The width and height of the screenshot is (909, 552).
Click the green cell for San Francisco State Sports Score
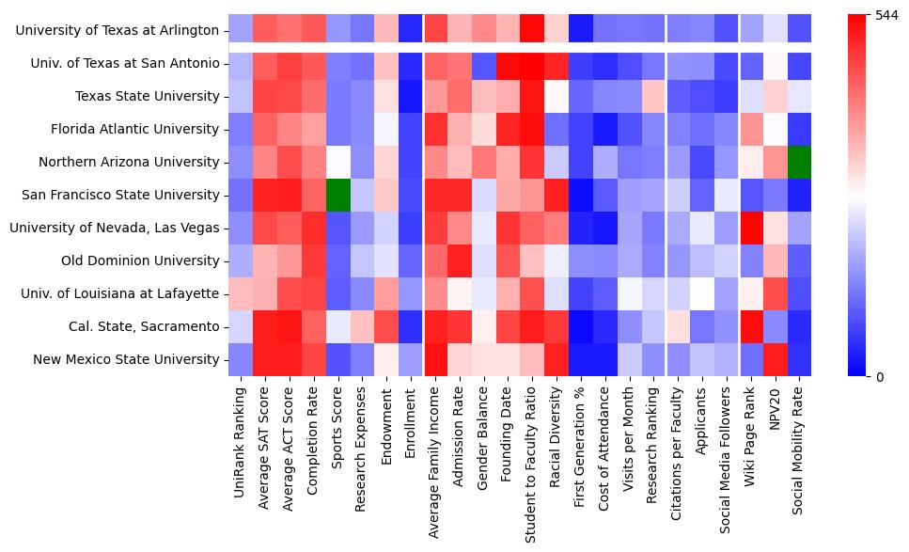(x=338, y=195)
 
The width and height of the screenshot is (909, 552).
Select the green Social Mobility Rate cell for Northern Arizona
(x=798, y=162)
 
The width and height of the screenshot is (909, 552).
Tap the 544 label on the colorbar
(x=887, y=16)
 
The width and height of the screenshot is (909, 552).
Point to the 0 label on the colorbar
(x=880, y=377)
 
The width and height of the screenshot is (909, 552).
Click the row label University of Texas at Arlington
(x=118, y=30)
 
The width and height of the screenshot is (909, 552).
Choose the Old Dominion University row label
(x=140, y=260)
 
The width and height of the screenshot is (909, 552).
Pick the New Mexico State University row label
(x=126, y=359)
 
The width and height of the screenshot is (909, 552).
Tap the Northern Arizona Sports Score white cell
(x=338, y=162)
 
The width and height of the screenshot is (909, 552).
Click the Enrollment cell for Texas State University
(x=411, y=96)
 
